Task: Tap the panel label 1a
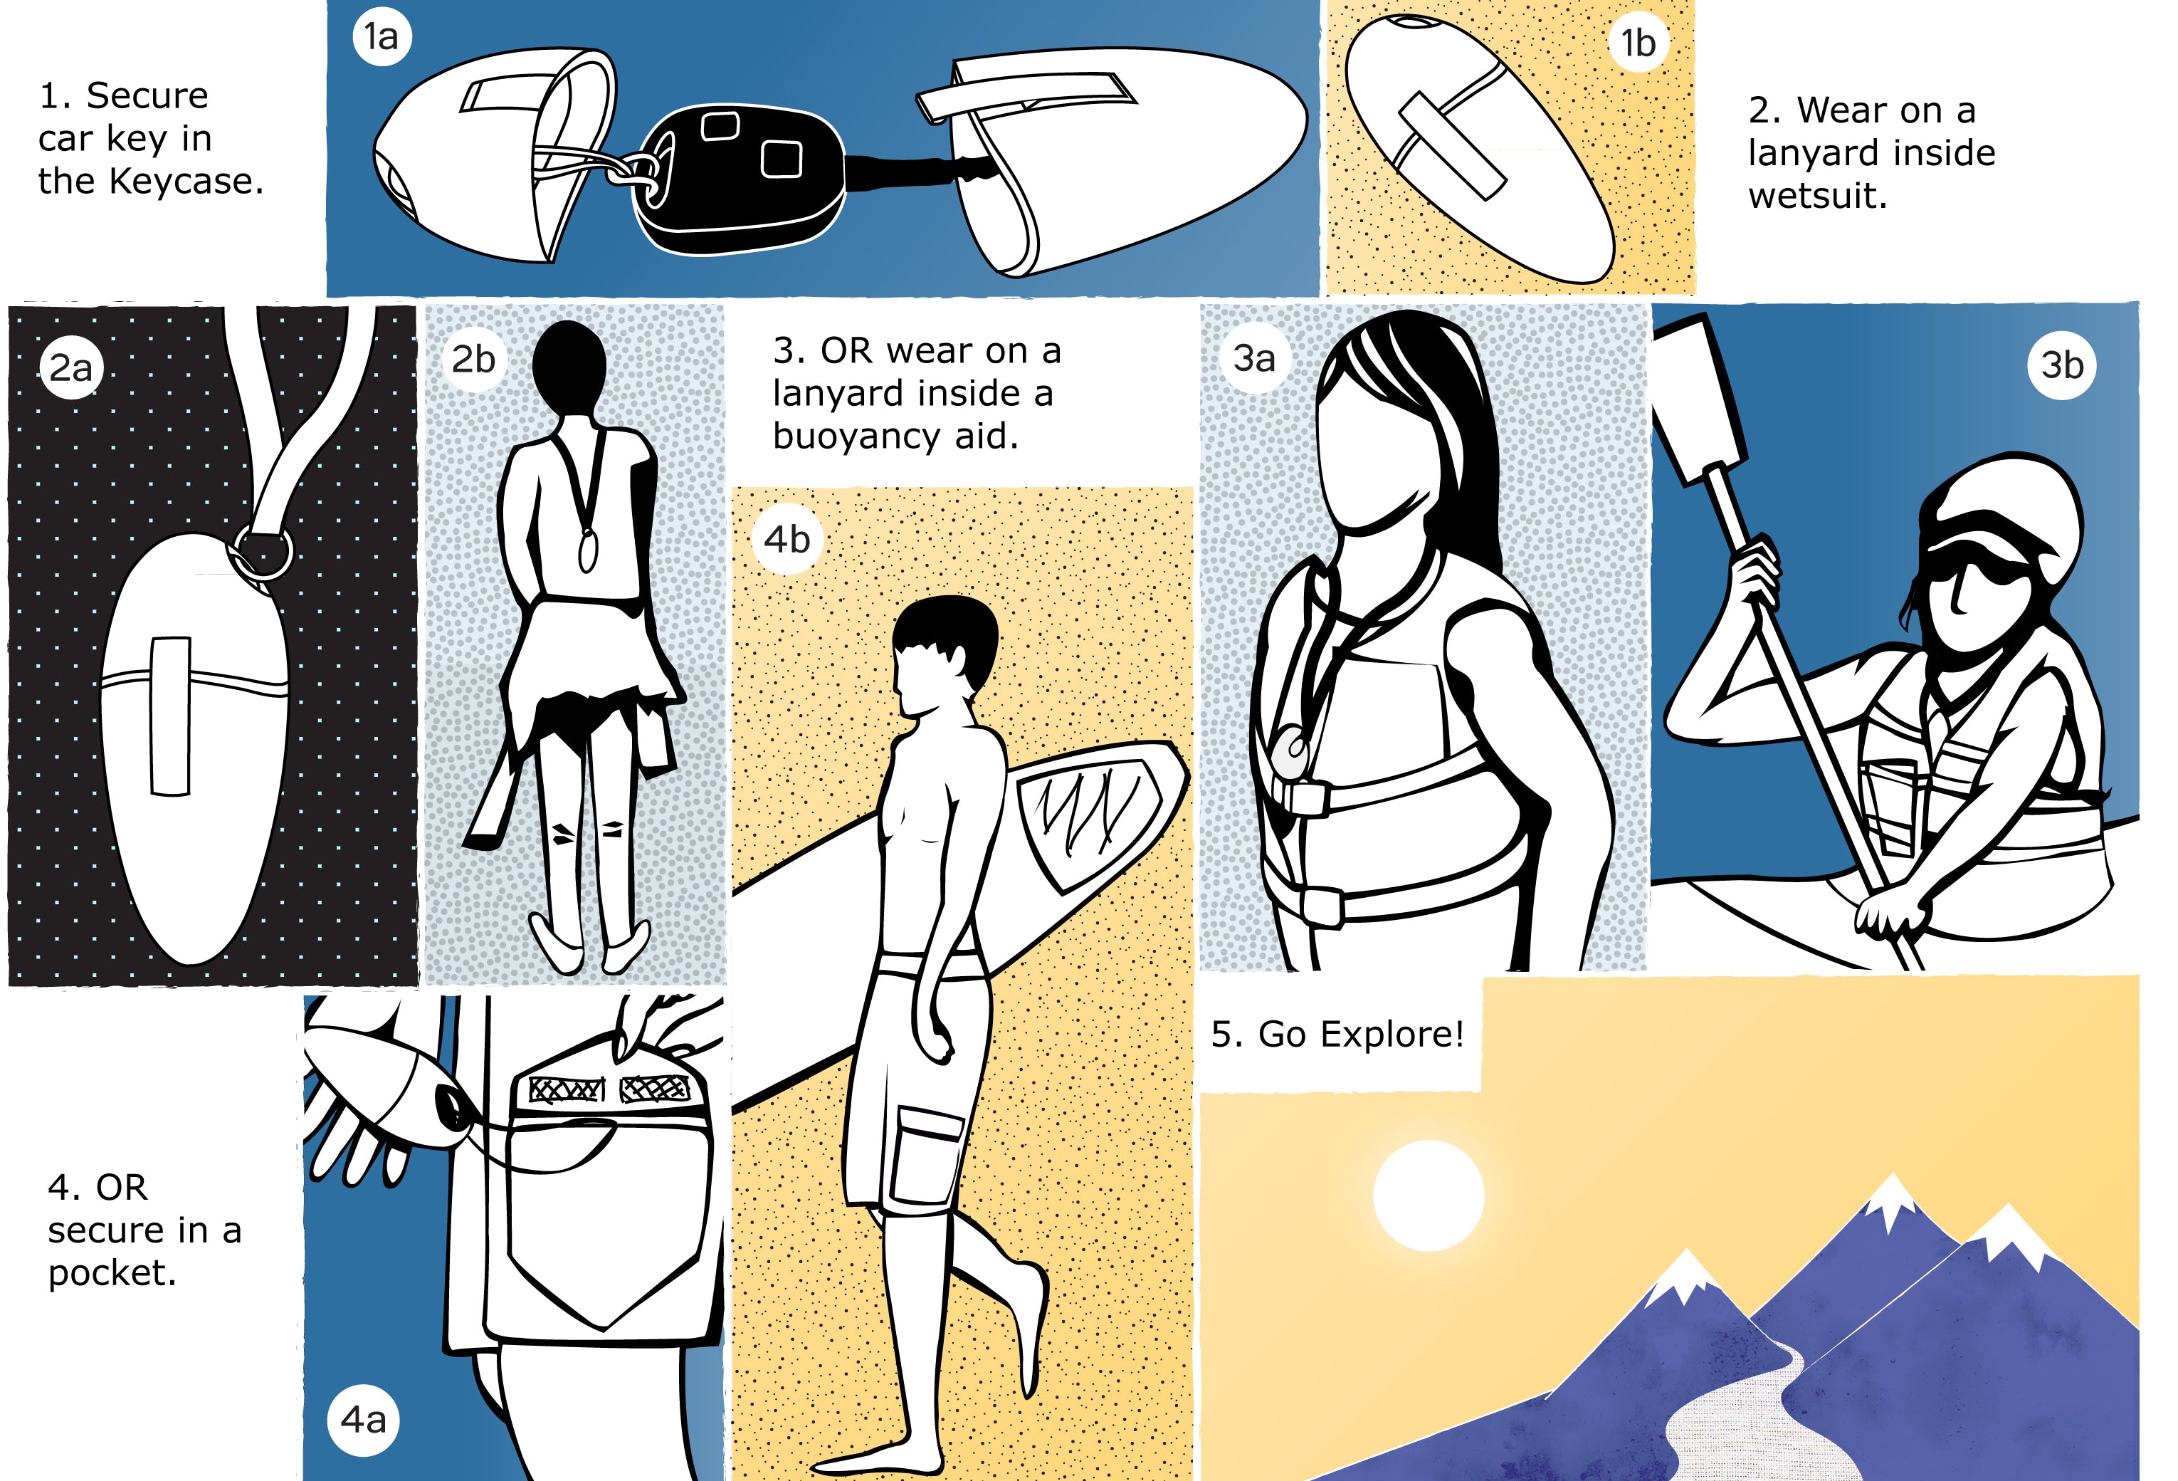(x=382, y=38)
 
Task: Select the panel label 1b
(x=1638, y=42)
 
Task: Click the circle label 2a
(x=71, y=367)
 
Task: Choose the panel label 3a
(x=1254, y=358)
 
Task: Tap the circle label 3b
(x=2062, y=365)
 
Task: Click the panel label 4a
(x=363, y=1420)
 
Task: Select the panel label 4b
(x=787, y=539)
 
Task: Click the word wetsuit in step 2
(x=1817, y=196)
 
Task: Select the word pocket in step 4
(x=112, y=1273)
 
